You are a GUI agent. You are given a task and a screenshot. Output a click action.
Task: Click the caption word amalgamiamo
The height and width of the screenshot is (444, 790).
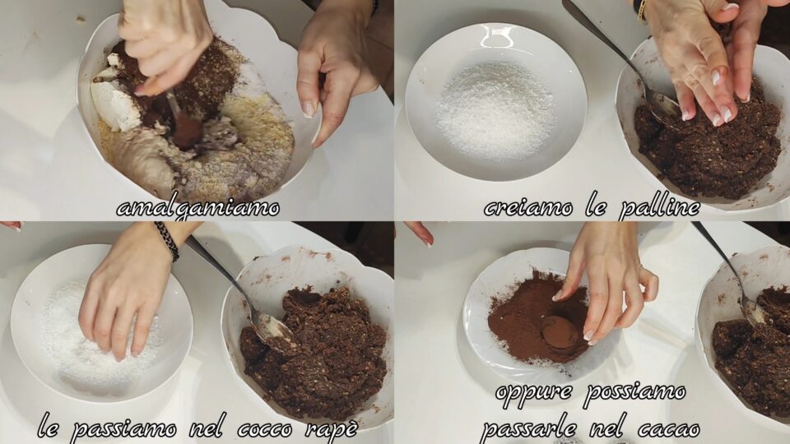coord(198,208)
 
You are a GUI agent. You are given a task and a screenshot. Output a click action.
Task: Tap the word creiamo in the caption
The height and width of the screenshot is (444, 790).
coord(528,207)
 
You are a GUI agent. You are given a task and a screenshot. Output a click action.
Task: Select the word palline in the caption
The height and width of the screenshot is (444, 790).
coord(659,207)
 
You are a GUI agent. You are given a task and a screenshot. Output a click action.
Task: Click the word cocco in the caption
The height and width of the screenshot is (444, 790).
coord(265,429)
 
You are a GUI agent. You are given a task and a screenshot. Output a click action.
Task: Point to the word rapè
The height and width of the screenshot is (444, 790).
coord(332,429)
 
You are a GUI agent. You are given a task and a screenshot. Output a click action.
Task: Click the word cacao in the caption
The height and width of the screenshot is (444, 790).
coord(668,429)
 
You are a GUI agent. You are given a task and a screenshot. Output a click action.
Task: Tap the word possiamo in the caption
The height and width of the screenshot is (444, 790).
coord(634,392)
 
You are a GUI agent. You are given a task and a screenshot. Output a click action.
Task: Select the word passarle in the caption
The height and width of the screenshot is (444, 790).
coord(529,428)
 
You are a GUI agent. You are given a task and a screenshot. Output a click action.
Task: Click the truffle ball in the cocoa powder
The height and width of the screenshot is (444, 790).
coord(559,331)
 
